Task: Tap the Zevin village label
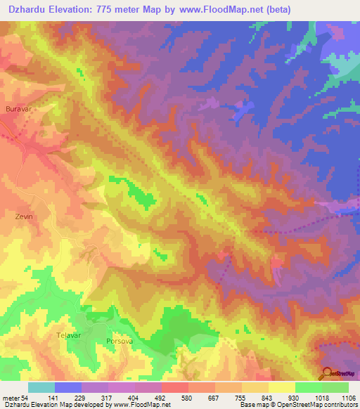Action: (x=24, y=217)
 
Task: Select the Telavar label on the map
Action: (x=70, y=335)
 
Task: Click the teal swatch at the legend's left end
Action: (x=41, y=387)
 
